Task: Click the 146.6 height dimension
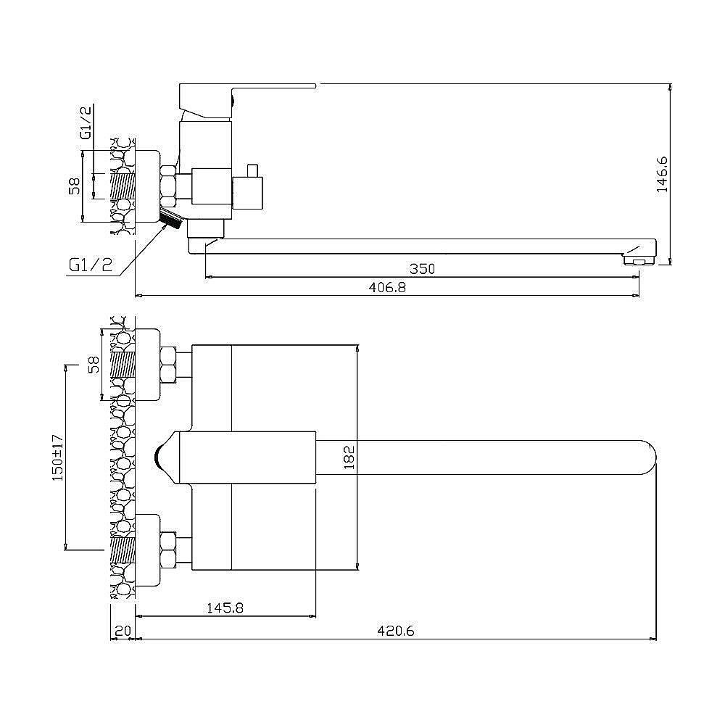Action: [x=662, y=174]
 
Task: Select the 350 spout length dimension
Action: [x=422, y=269]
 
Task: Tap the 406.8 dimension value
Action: [x=387, y=287]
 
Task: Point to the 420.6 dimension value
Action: [x=396, y=631]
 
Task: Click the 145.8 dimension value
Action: [x=225, y=608]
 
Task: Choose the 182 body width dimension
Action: [x=349, y=457]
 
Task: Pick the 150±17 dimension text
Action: [x=58, y=457]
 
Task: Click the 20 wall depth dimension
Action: [x=123, y=631]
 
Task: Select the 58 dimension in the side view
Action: [x=75, y=186]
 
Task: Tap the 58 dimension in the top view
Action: [x=94, y=365]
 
